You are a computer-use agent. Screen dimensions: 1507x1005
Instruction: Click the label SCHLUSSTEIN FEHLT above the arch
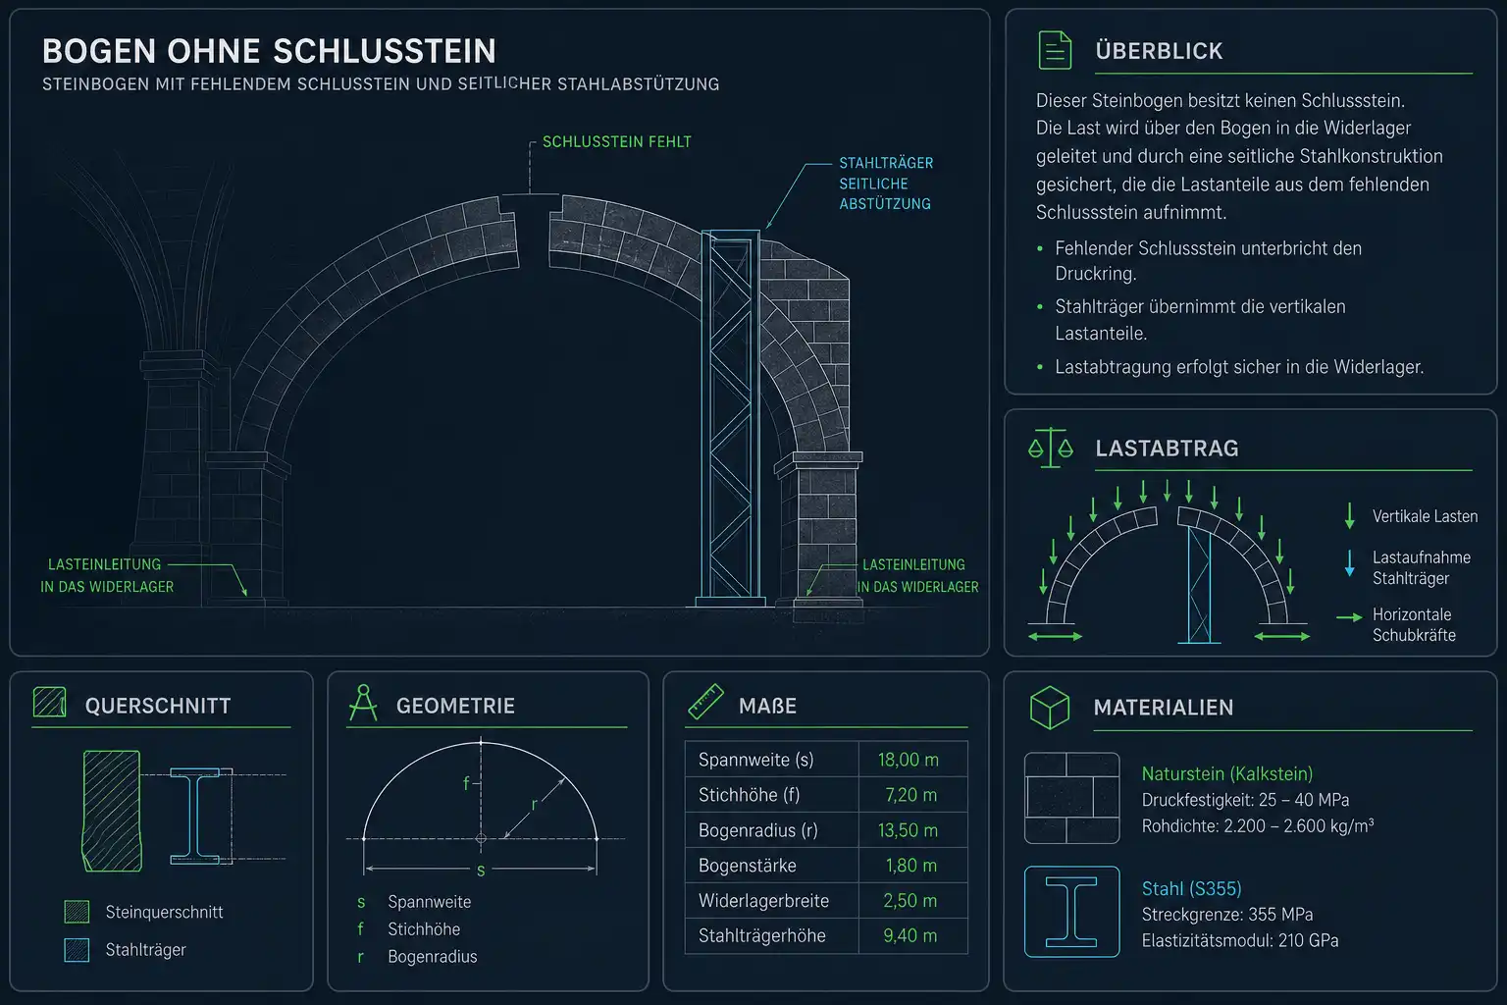pos(616,142)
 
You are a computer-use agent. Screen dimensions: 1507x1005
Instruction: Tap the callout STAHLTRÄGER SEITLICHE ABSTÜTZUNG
pos(885,184)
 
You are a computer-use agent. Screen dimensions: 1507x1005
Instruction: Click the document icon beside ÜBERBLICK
pos(1055,50)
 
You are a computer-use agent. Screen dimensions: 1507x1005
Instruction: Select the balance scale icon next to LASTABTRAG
pos(1051,448)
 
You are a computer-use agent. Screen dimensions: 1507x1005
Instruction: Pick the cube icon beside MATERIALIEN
pos(1050,708)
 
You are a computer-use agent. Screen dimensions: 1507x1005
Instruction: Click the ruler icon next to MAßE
pos(705,702)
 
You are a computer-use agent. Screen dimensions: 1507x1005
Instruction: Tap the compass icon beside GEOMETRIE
pos(363,703)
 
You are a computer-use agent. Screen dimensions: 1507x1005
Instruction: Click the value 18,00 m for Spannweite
pos(908,760)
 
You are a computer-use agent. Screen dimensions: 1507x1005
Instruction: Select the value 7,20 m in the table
pos(910,795)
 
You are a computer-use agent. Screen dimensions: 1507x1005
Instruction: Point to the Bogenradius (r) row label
pos(757,830)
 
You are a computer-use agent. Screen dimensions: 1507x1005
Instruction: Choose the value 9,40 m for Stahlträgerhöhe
pos(909,935)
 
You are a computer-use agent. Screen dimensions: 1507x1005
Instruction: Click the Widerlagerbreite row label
pos(763,901)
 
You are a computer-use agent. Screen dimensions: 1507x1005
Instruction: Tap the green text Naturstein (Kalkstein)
pos(1227,774)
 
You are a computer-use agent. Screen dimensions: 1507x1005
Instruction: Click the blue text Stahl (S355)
pos(1191,888)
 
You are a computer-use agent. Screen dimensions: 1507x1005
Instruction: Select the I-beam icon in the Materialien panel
pos(1071,912)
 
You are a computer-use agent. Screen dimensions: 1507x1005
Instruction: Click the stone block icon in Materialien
pos(1071,798)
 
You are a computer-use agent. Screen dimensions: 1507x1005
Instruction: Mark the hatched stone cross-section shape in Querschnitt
pos(112,811)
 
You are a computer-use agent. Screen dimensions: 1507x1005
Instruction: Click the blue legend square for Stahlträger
pos(77,950)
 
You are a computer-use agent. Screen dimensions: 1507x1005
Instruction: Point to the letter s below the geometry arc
pos(481,871)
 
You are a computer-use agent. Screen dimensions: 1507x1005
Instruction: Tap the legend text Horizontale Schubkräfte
pos(1414,624)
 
